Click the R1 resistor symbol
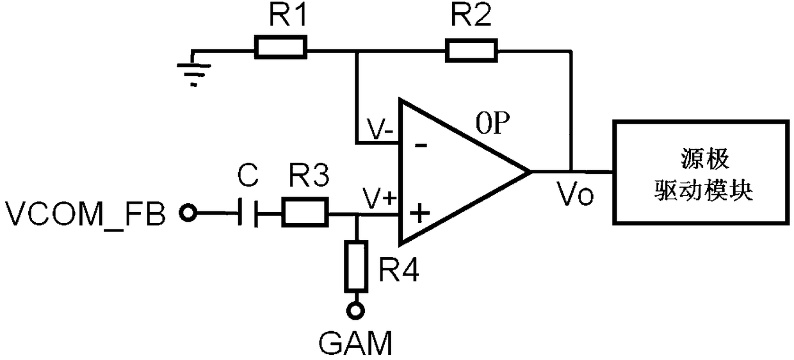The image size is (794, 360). [x=280, y=47]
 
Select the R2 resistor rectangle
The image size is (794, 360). [x=471, y=51]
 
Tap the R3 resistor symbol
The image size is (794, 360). [x=305, y=213]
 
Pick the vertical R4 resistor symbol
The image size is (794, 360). [x=356, y=266]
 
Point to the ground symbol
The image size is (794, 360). [x=193, y=69]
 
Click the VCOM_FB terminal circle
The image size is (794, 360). [x=188, y=213]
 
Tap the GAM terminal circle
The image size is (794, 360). [x=355, y=311]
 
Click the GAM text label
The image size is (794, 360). [x=355, y=343]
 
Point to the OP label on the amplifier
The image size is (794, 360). [x=492, y=123]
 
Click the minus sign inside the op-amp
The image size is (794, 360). [x=421, y=145]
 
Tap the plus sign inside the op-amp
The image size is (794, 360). [x=419, y=213]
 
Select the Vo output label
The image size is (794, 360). [x=575, y=193]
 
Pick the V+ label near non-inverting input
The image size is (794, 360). [x=379, y=199]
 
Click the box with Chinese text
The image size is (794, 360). [x=702, y=172]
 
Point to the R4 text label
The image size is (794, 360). [x=399, y=270]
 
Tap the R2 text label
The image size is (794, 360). [x=471, y=15]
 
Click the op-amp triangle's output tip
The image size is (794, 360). [x=531, y=172]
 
